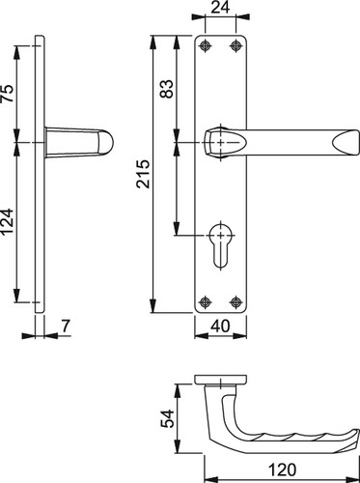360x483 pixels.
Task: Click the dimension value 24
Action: pos(220,7)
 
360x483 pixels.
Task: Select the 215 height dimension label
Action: pos(143,174)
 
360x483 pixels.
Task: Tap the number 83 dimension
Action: pos(167,89)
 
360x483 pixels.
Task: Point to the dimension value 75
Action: pos(8,94)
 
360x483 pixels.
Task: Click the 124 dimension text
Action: pos(8,221)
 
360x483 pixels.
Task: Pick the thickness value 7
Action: pos(66,326)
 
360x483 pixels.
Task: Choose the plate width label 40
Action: pos(220,326)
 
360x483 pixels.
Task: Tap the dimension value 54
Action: pos(167,418)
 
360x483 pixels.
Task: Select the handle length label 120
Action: pos(282,469)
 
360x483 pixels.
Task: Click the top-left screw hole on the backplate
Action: pos(205,46)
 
